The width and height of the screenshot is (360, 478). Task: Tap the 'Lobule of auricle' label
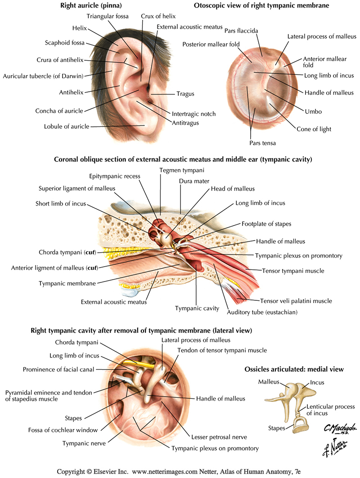tap(67, 126)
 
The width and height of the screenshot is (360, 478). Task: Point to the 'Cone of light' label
tap(314, 129)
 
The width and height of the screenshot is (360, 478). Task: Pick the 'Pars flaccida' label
tap(242, 31)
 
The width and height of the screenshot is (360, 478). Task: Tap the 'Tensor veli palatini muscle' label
tap(296, 301)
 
